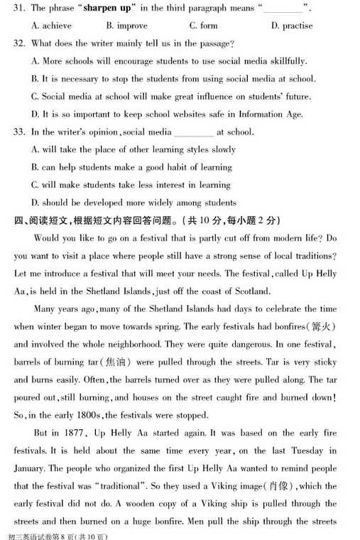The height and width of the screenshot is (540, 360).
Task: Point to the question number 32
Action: click(x=18, y=43)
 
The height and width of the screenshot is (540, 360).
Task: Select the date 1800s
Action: click(x=89, y=415)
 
